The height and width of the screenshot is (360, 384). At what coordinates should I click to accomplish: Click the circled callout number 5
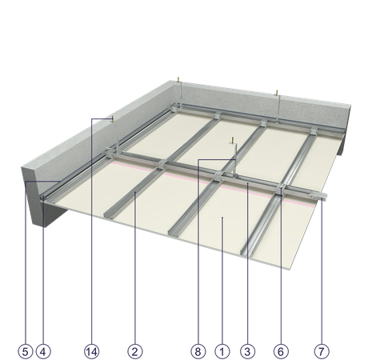pos(26,351)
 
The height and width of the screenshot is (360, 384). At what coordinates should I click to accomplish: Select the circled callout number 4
pos(43,351)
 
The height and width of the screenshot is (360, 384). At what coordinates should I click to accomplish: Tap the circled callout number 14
pos(92,351)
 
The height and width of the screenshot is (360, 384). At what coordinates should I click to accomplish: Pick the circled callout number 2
pos(135,351)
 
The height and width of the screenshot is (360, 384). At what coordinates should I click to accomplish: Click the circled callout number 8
pos(198,351)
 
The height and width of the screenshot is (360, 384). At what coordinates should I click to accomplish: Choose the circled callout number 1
pos(222,351)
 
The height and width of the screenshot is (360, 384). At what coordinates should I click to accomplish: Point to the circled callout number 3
pos(247,351)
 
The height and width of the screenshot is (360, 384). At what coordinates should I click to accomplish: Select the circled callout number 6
pos(281,351)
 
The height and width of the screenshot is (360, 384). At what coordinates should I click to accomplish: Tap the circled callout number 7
pos(322,351)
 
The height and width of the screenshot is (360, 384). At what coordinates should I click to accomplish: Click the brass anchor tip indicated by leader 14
pos(113,118)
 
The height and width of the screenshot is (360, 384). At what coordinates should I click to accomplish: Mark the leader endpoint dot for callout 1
pos(222,218)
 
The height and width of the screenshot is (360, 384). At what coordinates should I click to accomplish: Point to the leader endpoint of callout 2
pos(135,192)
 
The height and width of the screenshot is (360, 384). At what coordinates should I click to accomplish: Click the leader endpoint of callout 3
pos(247,183)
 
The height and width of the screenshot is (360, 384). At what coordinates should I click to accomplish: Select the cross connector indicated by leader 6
pos(281,189)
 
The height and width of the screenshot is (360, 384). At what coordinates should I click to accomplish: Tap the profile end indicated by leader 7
pos(323,198)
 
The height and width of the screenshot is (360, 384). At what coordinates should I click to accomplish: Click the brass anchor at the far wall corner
pos(178,80)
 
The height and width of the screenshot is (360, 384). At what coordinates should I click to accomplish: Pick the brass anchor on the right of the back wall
pos(277,93)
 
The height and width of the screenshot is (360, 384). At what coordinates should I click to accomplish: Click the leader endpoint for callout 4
pos(43,198)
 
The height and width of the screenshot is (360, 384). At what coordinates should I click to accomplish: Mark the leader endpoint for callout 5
pos(60,182)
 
